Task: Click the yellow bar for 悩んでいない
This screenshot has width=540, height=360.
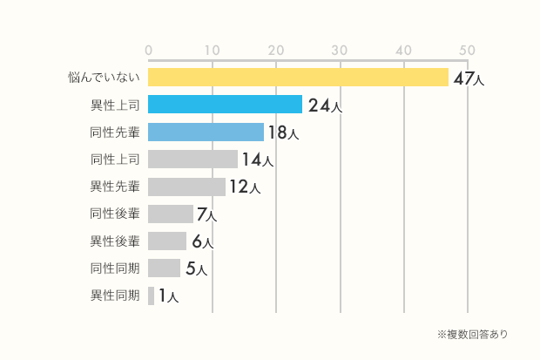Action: [298, 78]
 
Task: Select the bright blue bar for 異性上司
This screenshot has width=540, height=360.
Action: [225, 105]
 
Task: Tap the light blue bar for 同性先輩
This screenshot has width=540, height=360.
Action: [206, 132]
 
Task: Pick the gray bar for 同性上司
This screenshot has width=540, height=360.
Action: [192, 160]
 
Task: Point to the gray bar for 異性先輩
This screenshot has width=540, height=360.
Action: [186, 187]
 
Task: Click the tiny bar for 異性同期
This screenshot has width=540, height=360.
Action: [152, 295]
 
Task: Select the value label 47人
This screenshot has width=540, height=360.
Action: [469, 78]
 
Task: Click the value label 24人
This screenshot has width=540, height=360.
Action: [324, 106]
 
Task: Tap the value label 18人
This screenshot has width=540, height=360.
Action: [284, 133]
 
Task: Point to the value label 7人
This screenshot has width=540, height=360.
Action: [206, 214]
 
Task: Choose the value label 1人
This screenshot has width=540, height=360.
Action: [168, 296]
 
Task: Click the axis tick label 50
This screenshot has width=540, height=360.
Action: [468, 51]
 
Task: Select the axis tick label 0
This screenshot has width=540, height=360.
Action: [149, 51]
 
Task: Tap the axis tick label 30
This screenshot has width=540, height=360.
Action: [340, 51]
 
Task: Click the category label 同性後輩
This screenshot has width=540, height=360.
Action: [114, 214]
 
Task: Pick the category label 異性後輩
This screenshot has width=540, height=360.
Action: [114, 241]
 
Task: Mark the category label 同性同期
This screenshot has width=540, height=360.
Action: [114, 268]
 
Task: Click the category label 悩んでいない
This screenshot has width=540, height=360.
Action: [105, 78]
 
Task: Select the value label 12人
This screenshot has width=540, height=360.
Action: [245, 187]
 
